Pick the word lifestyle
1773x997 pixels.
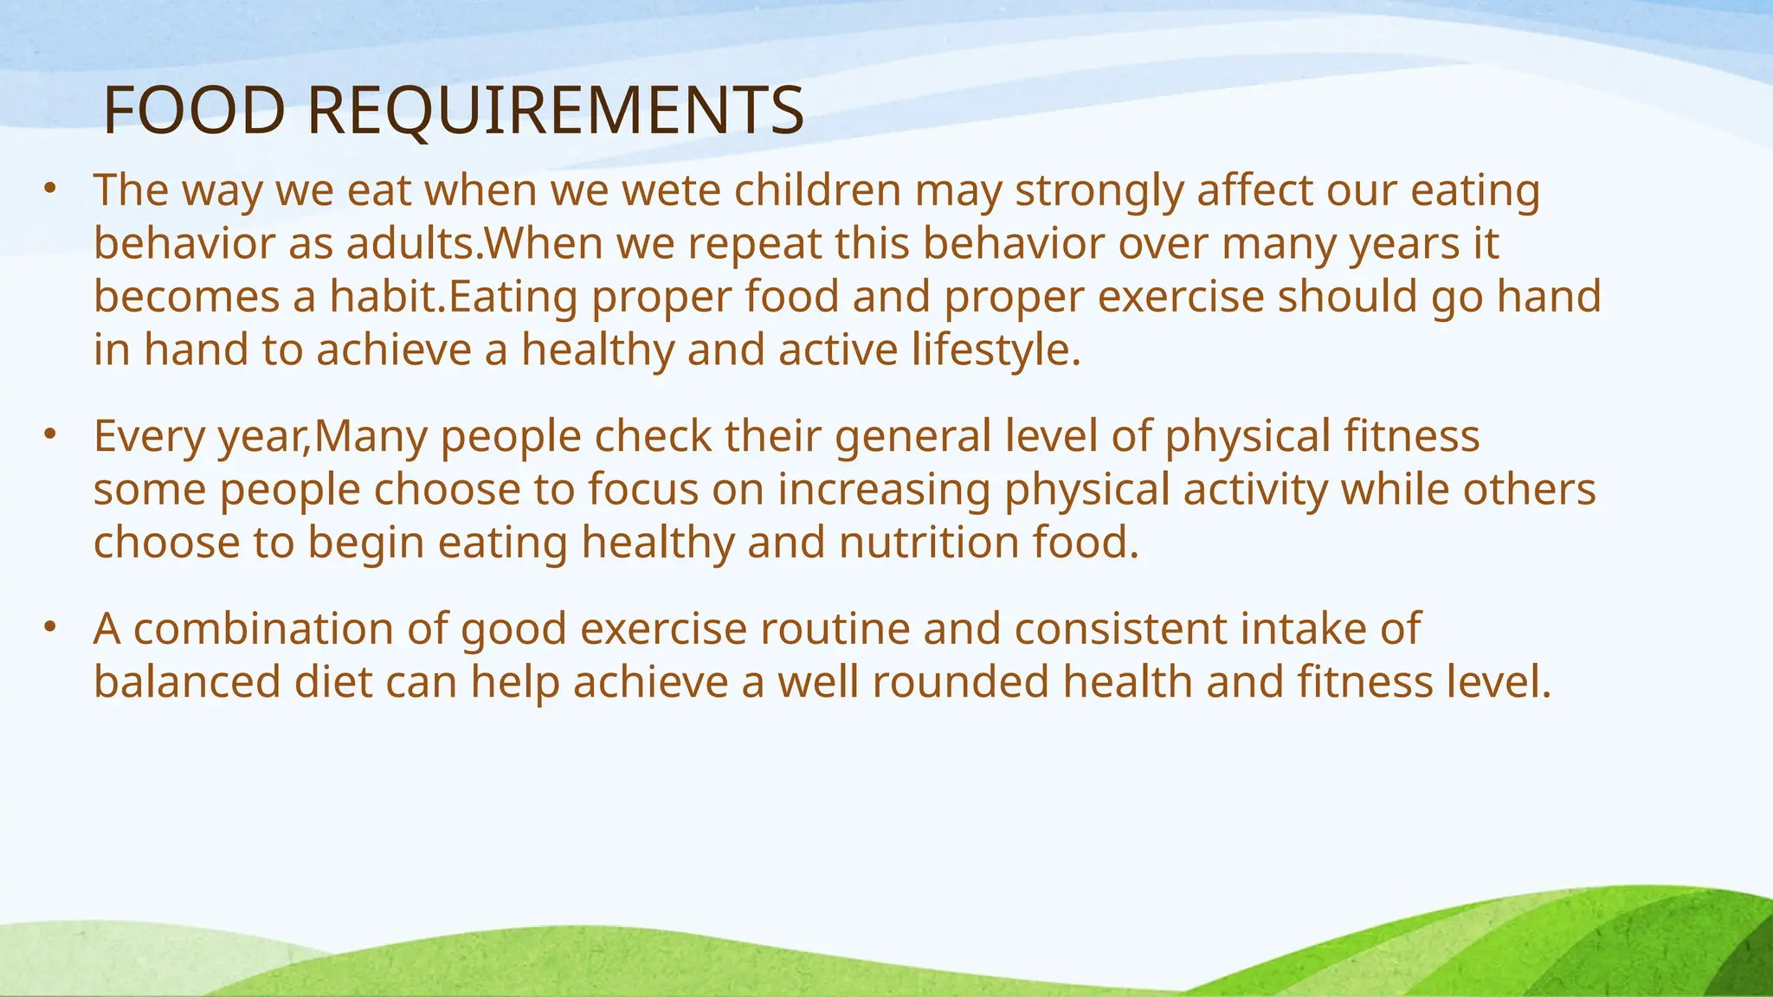[996, 351]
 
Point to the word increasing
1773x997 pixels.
[883, 491]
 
